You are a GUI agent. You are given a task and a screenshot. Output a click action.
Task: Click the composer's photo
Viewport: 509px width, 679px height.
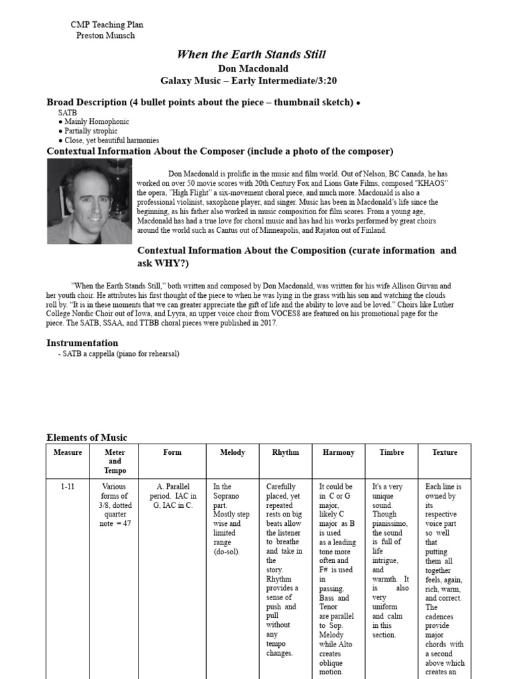pyautogui.click(x=89, y=202)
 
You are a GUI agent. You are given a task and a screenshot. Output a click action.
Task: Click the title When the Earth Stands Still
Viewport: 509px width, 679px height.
pyautogui.click(x=251, y=54)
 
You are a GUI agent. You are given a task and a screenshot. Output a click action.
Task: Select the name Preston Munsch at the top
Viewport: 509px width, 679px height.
pyautogui.click(x=105, y=35)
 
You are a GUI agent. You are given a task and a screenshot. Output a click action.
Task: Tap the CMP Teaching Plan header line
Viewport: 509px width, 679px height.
pyautogui.click(x=107, y=25)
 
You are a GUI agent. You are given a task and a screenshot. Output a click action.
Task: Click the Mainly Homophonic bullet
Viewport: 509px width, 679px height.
pyautogui.click(x=96, y=122)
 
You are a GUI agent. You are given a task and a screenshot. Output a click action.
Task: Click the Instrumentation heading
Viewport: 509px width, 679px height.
pyautogui.click(x=82, y=343)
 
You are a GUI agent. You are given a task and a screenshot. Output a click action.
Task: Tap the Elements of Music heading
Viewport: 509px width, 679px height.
pyautogui.click(x=87, y=438)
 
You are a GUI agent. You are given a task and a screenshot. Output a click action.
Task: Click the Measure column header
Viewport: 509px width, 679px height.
pyautogui.click(x=68, y=452)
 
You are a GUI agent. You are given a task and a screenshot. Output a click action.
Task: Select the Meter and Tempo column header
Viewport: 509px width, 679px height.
pyautogui.click(x=115, y=462)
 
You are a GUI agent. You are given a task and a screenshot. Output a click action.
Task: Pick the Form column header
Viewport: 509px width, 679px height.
pyautogui.click(x=172, y=452)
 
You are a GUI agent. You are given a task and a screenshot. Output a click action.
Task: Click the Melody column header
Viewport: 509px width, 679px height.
pyautogui.click(x=232, y=452)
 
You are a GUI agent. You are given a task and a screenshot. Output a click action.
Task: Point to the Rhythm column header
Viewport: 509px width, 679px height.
pyautogui.click(x=285, y=452)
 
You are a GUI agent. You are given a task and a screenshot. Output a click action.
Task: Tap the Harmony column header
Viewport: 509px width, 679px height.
pyautogui.click(x=338, y=452)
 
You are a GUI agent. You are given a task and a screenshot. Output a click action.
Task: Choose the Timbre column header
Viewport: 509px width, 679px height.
pyautogui.click(x=391, y=452)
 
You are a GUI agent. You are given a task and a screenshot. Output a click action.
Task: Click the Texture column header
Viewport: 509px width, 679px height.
pyautogui.click(x=444, y=452)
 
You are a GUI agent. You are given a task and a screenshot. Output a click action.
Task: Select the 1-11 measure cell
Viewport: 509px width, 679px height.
pyautogui.click(x=68, y=487)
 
